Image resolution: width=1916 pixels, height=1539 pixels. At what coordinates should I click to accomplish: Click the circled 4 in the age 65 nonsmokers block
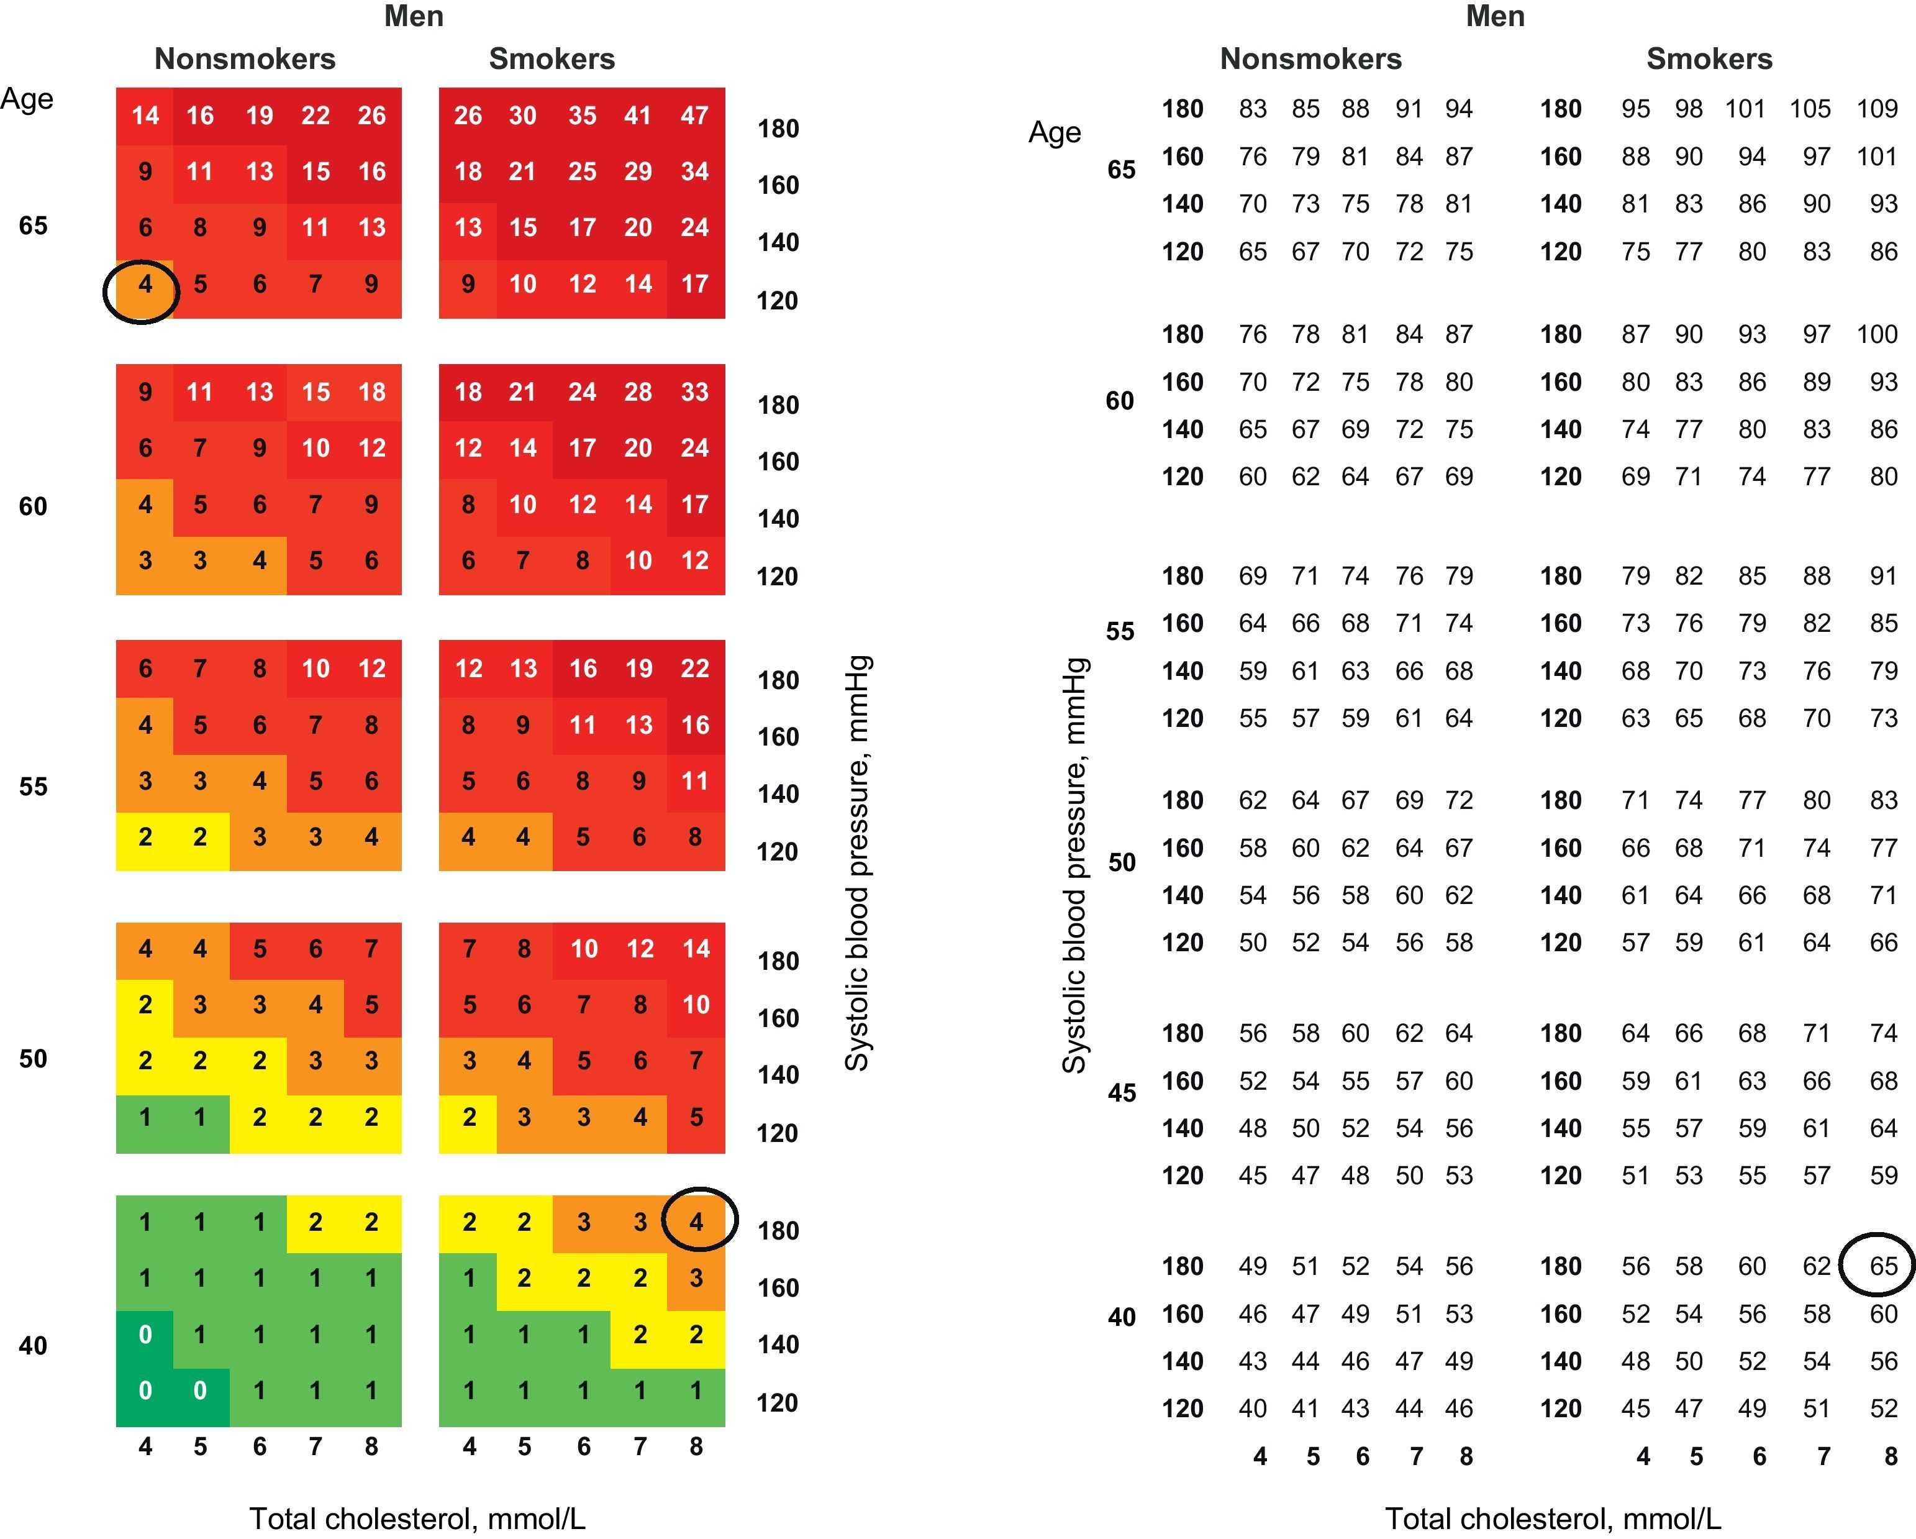[x=144, y=285]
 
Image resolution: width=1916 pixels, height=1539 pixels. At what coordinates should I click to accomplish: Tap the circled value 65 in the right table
[x=1882, y=1266]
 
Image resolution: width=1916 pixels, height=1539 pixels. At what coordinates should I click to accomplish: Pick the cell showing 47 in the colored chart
[x=694, y=116]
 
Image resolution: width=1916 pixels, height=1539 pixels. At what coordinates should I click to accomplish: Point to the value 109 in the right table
[x=1876, y=109]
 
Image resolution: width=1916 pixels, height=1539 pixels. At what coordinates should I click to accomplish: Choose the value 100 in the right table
[x=1876, y=334]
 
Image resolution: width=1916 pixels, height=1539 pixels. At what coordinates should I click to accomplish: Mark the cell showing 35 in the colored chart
[x=582, y=116]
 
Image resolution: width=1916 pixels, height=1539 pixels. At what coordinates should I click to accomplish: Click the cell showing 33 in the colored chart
[x=694, y=392]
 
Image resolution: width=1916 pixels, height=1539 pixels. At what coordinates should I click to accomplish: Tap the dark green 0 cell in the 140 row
[x=145, y=1335]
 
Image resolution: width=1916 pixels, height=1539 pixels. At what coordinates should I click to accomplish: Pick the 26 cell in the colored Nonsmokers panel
[x=371, y=116]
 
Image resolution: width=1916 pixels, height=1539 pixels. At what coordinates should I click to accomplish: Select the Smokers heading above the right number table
[x=1709, y=58]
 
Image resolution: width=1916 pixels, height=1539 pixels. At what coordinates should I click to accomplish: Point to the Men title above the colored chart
[x=413, y=16]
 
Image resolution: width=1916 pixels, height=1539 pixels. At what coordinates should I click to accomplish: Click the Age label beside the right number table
[x=1054, y=132]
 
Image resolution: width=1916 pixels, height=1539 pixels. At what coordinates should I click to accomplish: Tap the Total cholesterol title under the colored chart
[x=417, y=1518]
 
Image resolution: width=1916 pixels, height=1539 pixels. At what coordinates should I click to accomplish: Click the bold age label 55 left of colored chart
[x=33, y=787]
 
